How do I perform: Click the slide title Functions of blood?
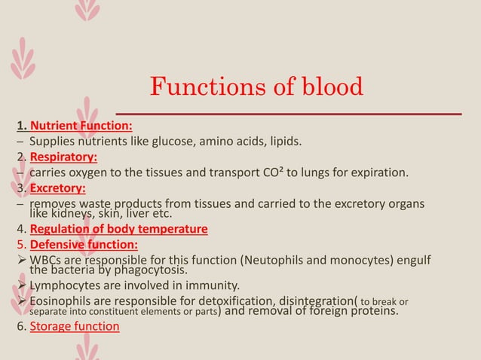tap(256, 88)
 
